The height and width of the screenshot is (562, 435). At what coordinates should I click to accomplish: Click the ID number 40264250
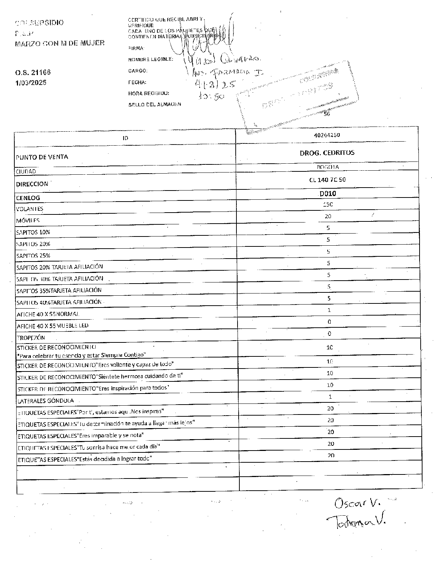(327, 135)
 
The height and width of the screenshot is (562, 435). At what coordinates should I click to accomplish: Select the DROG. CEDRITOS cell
(327, 153)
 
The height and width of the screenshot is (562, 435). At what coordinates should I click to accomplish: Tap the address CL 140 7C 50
(327, 180)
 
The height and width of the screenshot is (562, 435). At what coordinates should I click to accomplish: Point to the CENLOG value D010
(327, 193)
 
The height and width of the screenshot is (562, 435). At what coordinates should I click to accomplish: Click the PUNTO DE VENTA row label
(42, 157)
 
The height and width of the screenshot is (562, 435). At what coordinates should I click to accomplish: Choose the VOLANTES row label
(30, 209)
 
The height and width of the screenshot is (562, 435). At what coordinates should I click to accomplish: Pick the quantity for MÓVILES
(328, 216)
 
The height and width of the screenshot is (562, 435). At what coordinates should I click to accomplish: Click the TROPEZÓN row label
(31, 338)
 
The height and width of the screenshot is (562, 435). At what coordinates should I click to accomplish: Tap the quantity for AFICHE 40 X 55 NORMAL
(329, 310)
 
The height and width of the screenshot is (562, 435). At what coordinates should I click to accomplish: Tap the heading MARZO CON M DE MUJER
(60, 43)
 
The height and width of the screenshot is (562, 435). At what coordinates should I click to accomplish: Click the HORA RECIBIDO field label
(149, 93)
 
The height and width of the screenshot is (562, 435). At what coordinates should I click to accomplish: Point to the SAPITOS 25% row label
(33, 256)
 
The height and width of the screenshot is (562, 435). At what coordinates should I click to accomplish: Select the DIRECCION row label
(32, 184)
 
